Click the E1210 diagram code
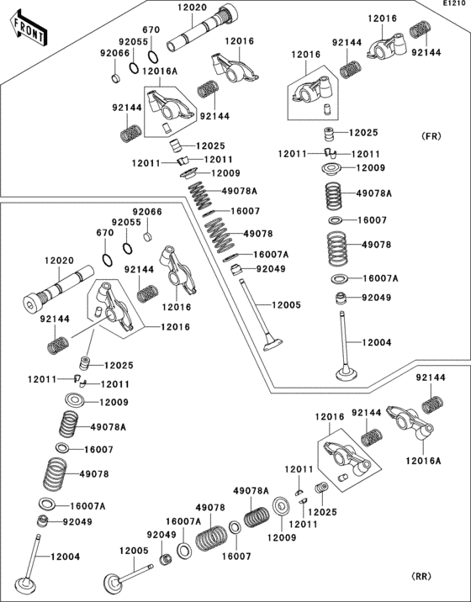pyautogui.click(x=456, y=5)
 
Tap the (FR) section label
pyautogui.click(x=431, y=135)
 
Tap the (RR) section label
pyautogui.click(x=421, y=576)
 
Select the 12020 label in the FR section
pyautogui.click(x=192, y=8)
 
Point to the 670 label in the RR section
pyautogui.click(x=104, y=233)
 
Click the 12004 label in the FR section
pyautogui.click(x=377, y=342)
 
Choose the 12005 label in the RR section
pyautogui.click(x=133, y=551)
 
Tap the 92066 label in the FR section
pyautogui.click(x=115, y=53)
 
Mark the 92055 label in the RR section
pyautogui.click(x=125, y=222)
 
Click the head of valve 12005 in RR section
pyautogui.click(x=112, y=582)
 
